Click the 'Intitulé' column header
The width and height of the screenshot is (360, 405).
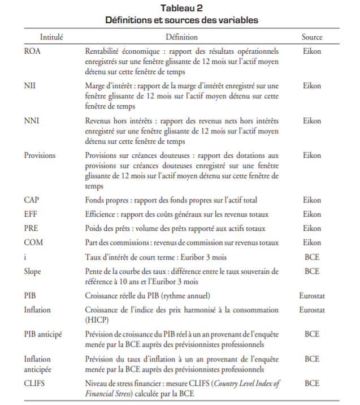pos(51,37)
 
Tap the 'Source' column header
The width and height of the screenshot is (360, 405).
pos(312,37)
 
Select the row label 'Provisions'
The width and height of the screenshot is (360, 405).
pos(40,155)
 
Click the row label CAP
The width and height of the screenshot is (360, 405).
pos(32,200)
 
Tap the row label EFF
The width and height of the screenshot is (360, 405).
pos(31,214)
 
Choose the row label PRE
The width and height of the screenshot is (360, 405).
pos(31,229)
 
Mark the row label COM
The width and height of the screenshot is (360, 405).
pos(32,243)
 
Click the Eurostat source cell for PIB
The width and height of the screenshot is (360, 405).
pos(312,295)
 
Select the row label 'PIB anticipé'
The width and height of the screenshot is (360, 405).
pos(43,334)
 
